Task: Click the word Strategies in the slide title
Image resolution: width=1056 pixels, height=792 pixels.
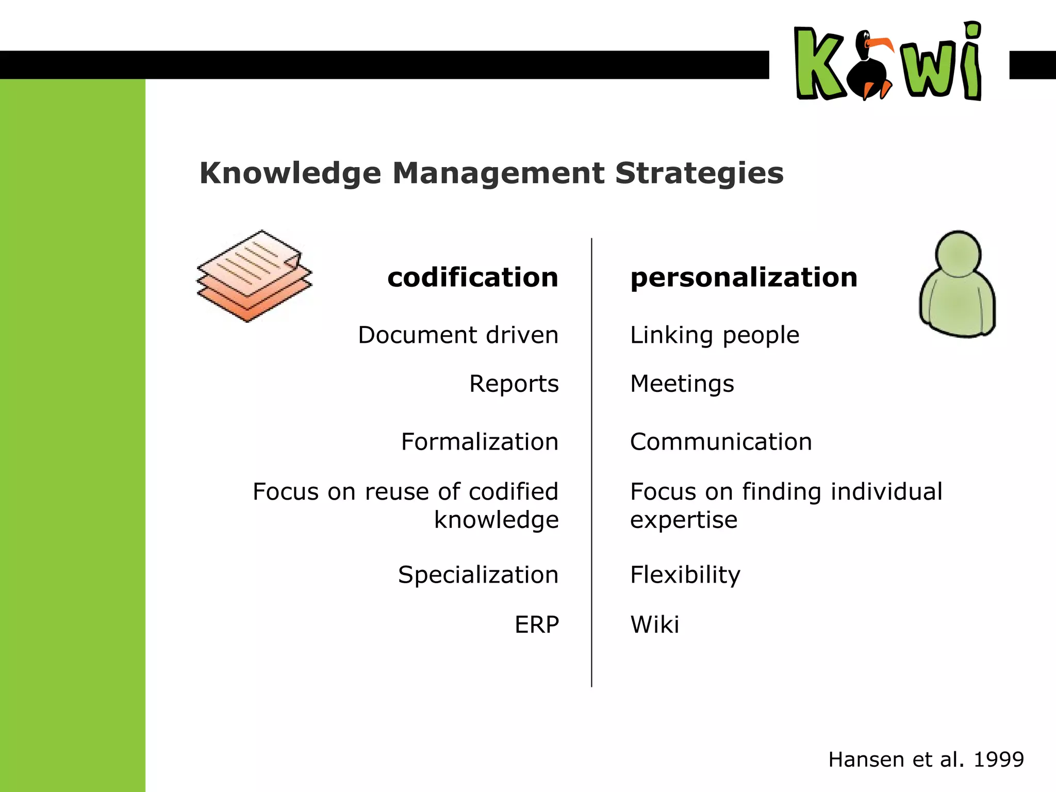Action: click(699, 173)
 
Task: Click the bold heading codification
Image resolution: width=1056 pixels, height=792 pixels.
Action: click(473, 277)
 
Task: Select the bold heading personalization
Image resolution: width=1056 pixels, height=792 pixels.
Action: click(744, 277)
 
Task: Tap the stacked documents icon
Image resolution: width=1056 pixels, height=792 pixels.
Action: click(254, 276)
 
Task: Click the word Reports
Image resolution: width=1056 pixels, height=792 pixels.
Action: click(514, 384)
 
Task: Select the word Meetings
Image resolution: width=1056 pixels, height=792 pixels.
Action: click(682, 384)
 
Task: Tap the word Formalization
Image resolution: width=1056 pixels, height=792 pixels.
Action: click(480, 442)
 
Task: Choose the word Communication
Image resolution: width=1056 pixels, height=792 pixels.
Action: click(721, 442)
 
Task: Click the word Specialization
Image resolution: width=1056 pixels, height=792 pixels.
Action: click(478, 575)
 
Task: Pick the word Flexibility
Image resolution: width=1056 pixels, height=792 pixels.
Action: click(685, 575)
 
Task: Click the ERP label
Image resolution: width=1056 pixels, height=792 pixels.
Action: click(536, 625)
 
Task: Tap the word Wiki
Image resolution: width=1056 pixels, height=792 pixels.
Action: click(654, 625)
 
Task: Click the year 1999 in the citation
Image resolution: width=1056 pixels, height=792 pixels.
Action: click(998, 760)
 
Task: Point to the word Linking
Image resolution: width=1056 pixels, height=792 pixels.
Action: click(671, 336)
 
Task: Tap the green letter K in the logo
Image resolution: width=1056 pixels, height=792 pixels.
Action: click(819, 64)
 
